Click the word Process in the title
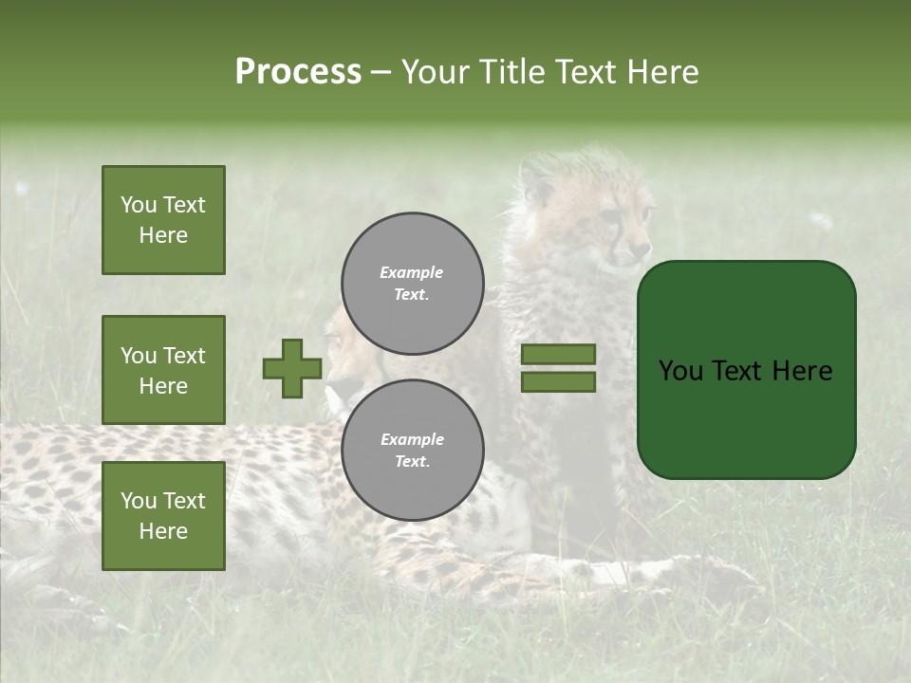tap(298, 72)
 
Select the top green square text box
tap(163, 220)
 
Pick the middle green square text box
tap(163, 370)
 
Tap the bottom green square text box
tap(163, 516)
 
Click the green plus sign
tap(292, 368)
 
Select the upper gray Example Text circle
tap(412, 283)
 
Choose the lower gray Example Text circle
tap(412, 450)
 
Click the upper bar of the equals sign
tap(558, 354)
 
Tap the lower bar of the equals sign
tap(558, 382)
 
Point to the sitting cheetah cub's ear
tap(538, 180)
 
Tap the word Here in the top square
tap(163, 235)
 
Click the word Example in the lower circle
tap(412, 439)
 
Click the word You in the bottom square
tap(139, 501)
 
